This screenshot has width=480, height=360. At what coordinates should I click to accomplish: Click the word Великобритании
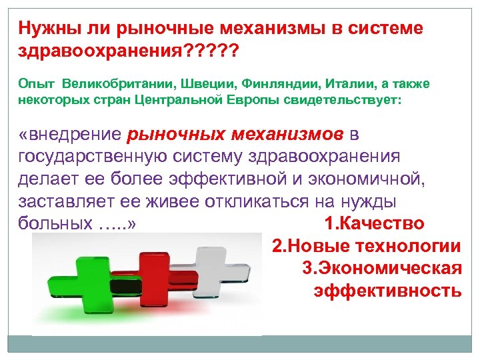(118, 83)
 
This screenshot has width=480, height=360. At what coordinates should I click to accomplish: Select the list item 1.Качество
(373, 223)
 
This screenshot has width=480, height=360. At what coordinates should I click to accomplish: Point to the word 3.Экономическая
(381, 268)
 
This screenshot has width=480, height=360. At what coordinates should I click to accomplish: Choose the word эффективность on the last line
(387, 291)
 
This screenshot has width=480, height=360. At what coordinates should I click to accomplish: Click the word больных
(50, 223)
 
